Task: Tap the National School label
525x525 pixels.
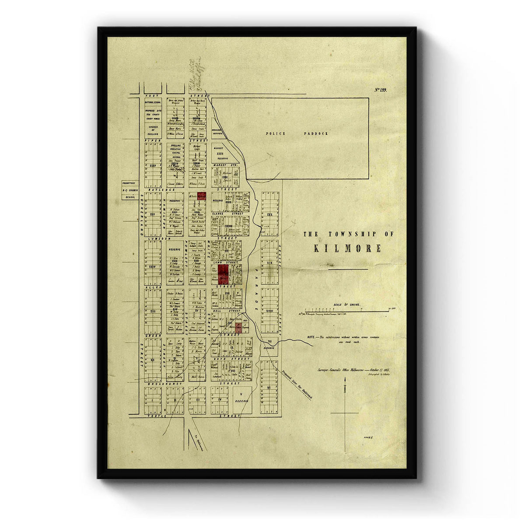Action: click(x=153, y=102)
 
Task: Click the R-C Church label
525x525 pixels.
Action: click(x=130, y=191)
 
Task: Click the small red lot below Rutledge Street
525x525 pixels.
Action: click(x=201, y=196)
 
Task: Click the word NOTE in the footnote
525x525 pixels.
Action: click(x=312, y=337)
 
